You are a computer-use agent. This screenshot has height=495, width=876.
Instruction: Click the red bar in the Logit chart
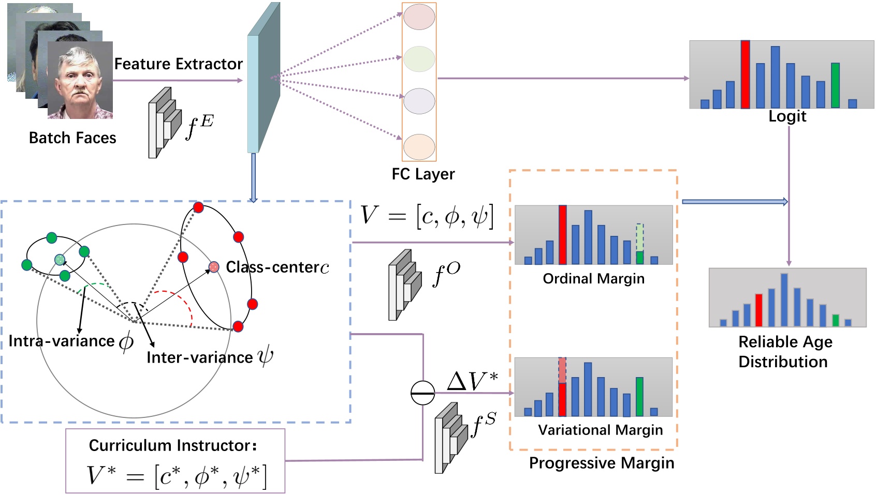pos(745,74)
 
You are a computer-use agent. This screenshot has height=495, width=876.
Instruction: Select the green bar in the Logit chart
pos(835,85)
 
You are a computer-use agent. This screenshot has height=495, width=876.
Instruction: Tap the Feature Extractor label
pos(178,64)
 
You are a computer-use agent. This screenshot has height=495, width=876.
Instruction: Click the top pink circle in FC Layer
pos(419,17)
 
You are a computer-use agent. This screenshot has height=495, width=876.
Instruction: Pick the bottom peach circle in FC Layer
pos(419,147)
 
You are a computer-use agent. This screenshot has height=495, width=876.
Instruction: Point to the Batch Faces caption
pos(72,138)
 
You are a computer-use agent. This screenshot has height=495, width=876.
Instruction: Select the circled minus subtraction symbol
pos(422,393)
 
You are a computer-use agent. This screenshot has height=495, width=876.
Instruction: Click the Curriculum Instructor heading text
pos(172,445)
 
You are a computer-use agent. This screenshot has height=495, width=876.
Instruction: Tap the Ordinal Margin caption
pos(593,279)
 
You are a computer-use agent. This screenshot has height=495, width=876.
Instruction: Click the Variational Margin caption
pos(600,430)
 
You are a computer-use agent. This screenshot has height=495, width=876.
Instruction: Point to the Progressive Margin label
pos(601,463)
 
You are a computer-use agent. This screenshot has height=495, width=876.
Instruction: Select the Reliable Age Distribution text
pos(784,352)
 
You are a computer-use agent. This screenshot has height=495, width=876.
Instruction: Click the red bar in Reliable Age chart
pos(758,310)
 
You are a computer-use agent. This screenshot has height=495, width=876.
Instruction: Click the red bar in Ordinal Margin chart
pos(562,235)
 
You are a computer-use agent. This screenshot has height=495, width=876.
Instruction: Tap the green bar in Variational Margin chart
pos(639,397)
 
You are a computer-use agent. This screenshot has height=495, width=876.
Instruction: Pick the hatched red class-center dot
pos(213,267)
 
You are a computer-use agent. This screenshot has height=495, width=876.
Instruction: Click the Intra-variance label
pos(62,341)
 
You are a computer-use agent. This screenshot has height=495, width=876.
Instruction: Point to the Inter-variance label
pos(200,357)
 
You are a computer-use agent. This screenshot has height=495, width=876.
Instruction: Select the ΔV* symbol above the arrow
pos(472,382)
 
